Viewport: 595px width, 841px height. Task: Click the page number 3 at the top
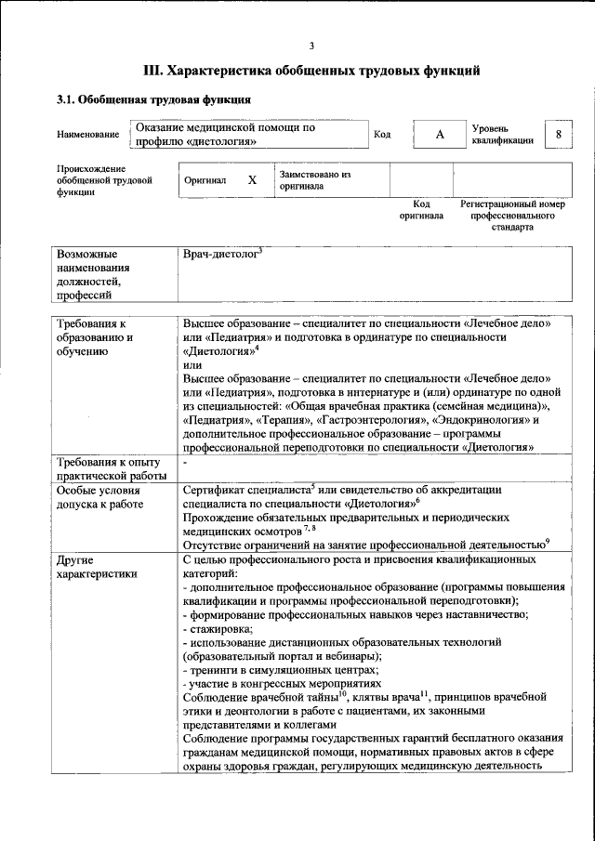tap(311, 46)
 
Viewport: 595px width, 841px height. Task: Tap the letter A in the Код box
tap(440, 135)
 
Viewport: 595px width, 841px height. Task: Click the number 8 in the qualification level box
tap(558, 134)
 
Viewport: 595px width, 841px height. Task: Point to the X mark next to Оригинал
tap(252, 180)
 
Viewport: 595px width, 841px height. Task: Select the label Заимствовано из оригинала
tap(314, 179)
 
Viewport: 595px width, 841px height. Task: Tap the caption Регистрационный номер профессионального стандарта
tap(512, 215)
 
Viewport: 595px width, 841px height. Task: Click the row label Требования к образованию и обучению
tap(97, 337)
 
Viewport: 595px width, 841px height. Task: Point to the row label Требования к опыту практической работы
tap(109, 468)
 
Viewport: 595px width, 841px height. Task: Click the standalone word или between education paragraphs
tap(192, 366)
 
